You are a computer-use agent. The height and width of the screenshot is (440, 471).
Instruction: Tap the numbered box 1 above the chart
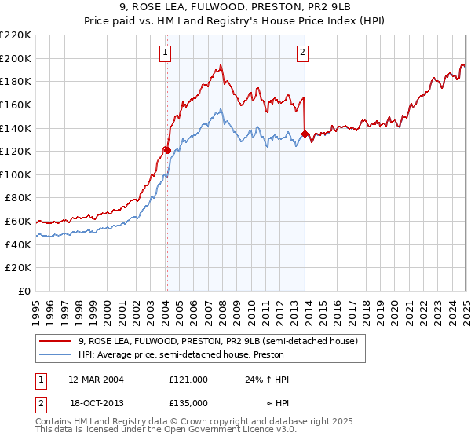166,53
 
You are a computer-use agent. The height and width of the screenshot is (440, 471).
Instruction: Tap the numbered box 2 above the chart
302,53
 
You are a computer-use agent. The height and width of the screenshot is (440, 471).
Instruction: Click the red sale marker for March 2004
166,149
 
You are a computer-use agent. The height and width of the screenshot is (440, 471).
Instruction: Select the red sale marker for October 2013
305,134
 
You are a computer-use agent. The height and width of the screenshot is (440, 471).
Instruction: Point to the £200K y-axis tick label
16,58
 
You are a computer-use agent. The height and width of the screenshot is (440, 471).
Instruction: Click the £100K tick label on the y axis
16,174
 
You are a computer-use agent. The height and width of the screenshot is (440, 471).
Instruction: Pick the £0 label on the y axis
25,291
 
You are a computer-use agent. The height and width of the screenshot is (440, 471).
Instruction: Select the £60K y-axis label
19,222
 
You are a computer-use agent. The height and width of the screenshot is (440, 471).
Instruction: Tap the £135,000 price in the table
188,402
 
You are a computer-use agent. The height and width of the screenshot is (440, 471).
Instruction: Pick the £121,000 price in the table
188,379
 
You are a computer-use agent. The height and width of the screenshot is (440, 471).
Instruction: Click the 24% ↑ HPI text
267,379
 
